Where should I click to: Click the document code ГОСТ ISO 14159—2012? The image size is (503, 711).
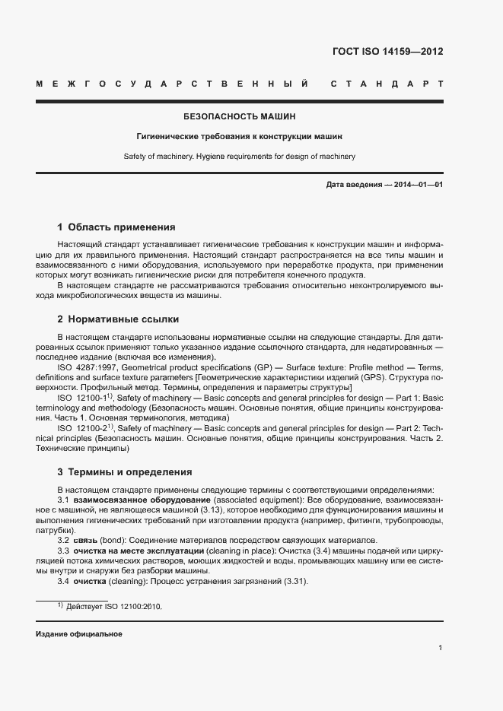coord(388,52)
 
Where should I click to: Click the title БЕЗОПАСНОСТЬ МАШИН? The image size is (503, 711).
coord(240,117)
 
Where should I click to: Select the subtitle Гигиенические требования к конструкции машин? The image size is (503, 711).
coord(240,138)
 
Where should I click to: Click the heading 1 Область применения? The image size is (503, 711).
coord(116,227)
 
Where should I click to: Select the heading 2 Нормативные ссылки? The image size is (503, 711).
coord(118,319)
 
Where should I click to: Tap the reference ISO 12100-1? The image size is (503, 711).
coord(84,397)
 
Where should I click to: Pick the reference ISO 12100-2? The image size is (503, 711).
coord(84,429)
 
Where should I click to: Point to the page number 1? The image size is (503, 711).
coord(441,648)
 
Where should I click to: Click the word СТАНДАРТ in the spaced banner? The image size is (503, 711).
coord(387,83)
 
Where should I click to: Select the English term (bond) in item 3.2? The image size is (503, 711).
coord(114,539)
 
